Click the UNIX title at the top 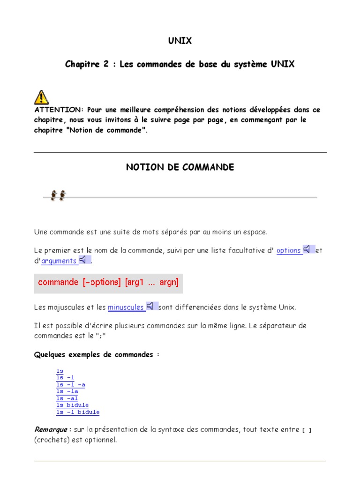(180, 41)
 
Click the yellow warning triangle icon (41, 97)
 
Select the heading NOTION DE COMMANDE (180, 167)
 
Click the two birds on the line (59, 195)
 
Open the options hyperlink (289, 251)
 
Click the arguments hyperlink (59, 261)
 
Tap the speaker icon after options (308, 249)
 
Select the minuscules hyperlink (126, 307)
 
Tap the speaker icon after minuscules (151, 306)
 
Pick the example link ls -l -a (70, 385)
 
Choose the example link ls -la (67, 391)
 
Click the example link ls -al (67, 398)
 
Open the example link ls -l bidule (78, 412)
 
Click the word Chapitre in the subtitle (82, 64)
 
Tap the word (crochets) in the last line (52, 440)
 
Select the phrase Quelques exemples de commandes (97, 355)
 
